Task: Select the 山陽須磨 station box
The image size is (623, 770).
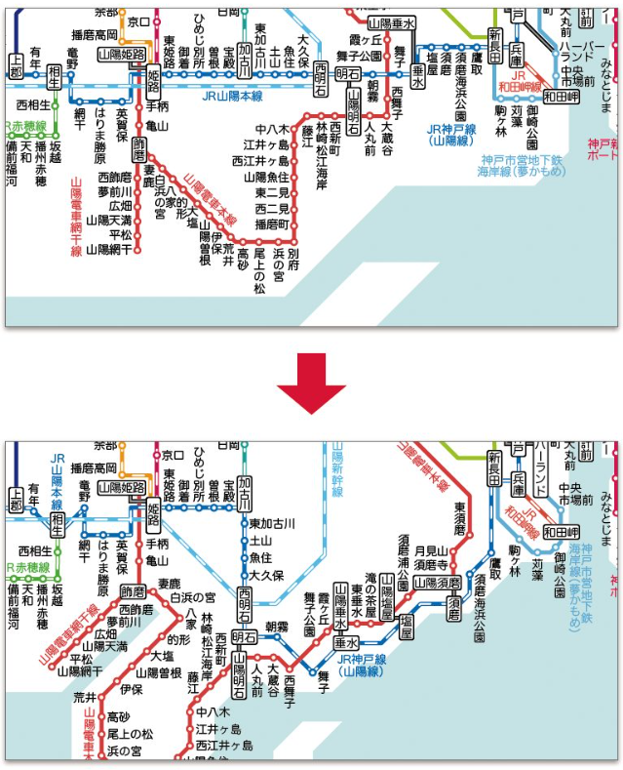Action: (x=438, y=583)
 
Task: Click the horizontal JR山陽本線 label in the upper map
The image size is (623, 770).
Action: (x=233, y=97)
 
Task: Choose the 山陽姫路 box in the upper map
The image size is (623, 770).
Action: (x=122, y=55)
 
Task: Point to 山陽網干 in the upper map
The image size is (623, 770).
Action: (x=107, y=250)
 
